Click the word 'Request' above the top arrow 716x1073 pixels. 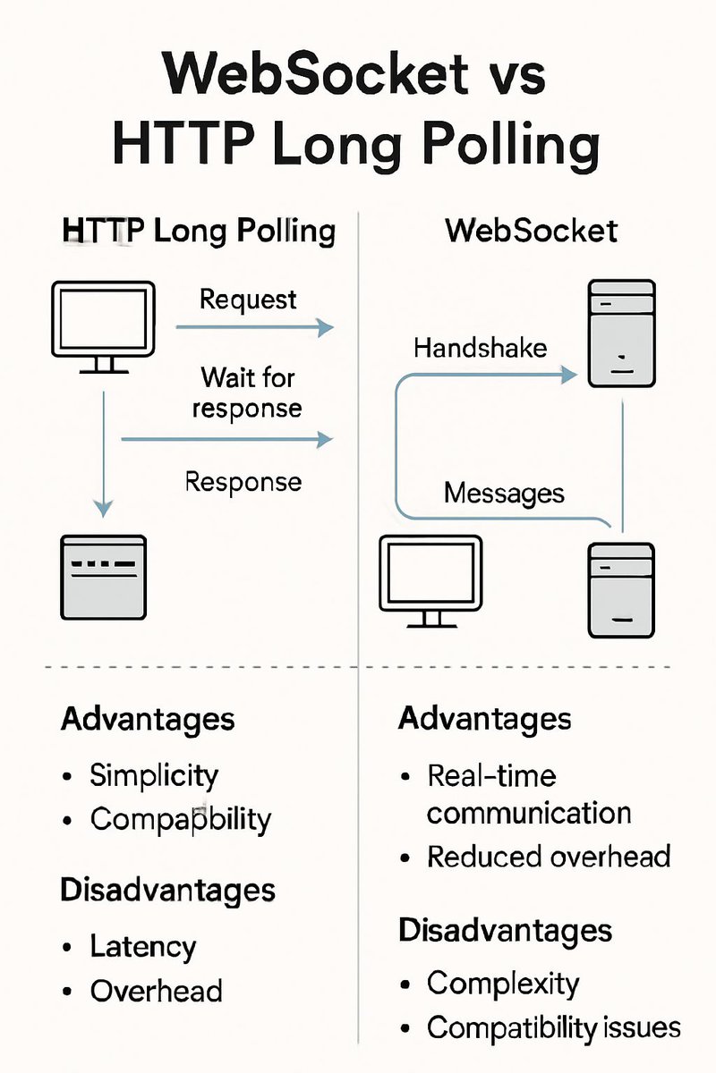click(x=248, y=299)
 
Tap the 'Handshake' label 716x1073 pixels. click(x=481, y=347)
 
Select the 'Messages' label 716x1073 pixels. click(x=504, y=493)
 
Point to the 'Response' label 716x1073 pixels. click(x=243, y=482)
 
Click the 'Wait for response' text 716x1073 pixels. click(x=247, y=393)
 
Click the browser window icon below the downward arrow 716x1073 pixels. click(x=102, y=573)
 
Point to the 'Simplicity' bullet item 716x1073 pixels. click(x=153, y=774)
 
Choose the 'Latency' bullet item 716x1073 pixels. click(x=142, y=946)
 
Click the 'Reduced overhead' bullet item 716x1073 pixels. click(x=549, y=857)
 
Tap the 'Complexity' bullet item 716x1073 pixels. click(x=503, y=984)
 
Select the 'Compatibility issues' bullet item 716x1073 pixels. click(x=553, y=1027)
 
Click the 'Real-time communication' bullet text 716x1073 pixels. click(x=528, y=794)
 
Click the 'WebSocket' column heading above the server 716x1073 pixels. click(x=531, y=231)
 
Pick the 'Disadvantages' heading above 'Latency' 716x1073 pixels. click(x=167, y=890)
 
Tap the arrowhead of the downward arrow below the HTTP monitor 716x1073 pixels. click(x=104, y=507)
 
